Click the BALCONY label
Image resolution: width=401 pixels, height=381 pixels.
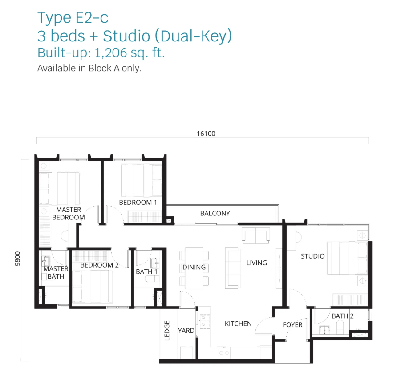pos(215,213)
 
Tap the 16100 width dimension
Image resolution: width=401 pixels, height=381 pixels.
pos(206,134)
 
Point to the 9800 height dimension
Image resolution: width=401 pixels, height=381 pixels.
pos(17,259)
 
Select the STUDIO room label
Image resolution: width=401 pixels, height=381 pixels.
pos(312,256)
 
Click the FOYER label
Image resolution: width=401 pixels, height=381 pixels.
pos(292,325)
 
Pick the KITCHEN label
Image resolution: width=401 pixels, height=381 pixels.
pos(238,324)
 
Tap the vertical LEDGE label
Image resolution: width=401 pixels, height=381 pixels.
pos(167,331)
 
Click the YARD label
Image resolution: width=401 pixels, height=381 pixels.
pos(186,331)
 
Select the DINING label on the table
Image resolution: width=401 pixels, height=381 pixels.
pos(194,267)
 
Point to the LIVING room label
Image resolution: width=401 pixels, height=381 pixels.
pos(256,263)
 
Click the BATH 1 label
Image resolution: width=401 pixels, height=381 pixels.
pos(146,272)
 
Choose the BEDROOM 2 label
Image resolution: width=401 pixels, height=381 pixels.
pos(99,265)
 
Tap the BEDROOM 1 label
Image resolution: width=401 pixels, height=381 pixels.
pos(138,203)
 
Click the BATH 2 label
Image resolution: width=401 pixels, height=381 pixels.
pos(342,316)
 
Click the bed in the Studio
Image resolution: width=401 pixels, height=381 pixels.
pos(347,258)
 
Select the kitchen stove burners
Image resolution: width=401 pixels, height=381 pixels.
pos(205,321)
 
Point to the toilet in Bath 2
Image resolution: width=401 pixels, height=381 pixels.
pos(340,328)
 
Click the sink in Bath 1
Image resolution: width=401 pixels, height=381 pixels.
pos(155,263)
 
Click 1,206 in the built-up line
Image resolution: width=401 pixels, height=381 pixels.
pos(111,53)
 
